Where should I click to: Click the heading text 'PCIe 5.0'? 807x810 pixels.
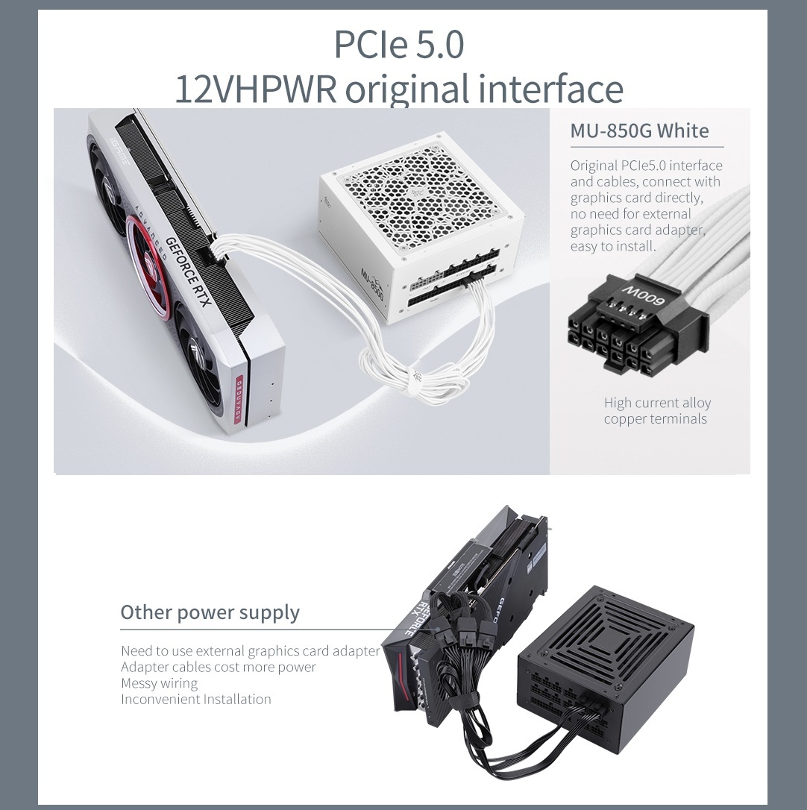(x=399, y=45)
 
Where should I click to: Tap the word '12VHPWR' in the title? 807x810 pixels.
(x=256, y=89)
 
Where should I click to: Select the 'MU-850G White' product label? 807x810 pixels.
(x=640, y=131)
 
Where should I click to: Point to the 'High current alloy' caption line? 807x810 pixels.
(x=657, y=403)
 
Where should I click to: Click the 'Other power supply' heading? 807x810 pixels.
(x=210, y=612)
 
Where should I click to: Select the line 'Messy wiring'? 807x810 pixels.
(x=159, y=683)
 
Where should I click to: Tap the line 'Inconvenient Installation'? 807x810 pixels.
(x=196, y=699)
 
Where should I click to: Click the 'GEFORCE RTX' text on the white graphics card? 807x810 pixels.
(x=188, y=271)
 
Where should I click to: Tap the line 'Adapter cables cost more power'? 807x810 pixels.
(x=218, y=667)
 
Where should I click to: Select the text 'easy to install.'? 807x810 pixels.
(x=613, y=246)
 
